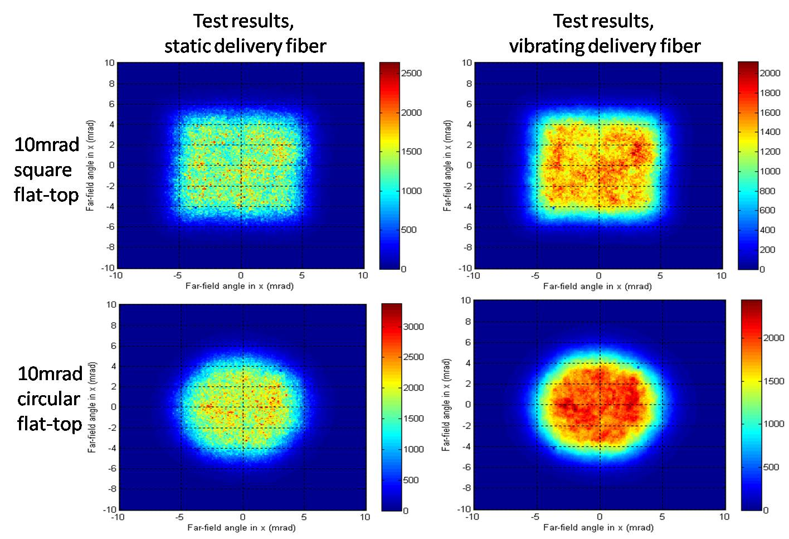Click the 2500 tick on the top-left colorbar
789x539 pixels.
(411, 73)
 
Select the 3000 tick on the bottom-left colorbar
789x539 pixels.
(413, 327)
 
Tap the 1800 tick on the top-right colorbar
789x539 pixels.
(770, 93)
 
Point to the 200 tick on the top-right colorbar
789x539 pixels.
(767, 250)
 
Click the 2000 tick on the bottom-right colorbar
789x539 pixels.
(773, 338)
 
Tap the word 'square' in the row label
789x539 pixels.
(43, 170)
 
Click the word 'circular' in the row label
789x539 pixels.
(48, 399)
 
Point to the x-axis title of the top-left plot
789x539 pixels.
(240, 286)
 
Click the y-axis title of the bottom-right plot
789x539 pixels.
(446, 405)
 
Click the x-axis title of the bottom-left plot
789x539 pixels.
(241, 527)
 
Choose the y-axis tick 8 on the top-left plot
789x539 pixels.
(111, 84)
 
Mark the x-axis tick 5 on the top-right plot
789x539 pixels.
(660, 275)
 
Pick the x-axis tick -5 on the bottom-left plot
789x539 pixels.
(179, 517)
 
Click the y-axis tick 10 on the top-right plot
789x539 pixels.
(467, 62)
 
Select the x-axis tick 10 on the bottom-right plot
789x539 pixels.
(724, 517)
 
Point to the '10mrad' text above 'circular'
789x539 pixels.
(50, 373)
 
